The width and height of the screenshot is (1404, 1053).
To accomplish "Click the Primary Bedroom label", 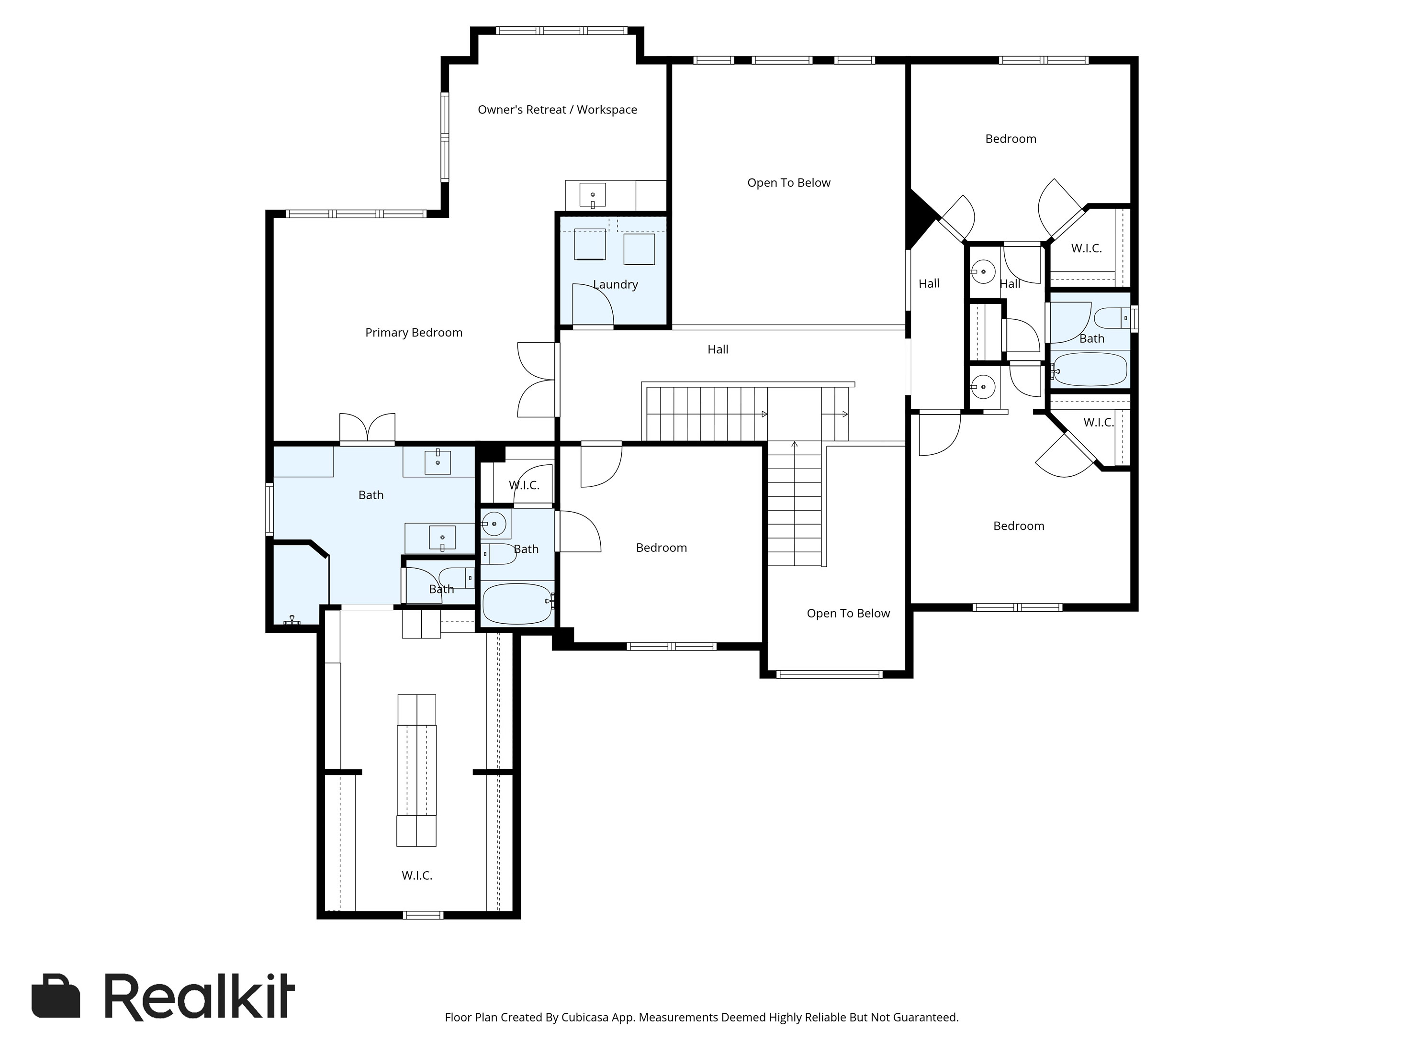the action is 414,333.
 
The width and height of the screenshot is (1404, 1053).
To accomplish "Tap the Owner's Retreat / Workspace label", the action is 557,110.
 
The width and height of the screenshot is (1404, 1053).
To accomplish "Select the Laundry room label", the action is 615,284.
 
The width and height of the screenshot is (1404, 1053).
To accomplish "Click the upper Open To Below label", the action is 788,183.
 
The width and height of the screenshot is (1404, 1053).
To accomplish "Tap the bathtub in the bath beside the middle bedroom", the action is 517,603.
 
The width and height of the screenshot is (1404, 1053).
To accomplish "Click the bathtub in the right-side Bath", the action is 1089,370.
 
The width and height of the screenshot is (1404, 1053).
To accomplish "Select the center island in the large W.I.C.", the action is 416,770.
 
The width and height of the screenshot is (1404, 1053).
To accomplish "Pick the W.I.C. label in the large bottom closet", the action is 417,875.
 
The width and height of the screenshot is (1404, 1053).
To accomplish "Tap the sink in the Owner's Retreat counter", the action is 592,195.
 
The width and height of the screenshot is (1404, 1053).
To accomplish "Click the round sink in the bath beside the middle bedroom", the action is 494,524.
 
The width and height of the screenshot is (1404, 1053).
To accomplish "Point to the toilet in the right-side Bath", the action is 1111,317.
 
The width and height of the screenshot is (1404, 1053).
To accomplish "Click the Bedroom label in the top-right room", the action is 1011,139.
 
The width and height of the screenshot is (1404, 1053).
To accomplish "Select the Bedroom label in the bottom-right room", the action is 1019,526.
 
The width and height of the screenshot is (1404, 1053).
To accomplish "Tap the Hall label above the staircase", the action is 718,349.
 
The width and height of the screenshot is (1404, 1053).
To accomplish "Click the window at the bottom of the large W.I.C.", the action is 423,915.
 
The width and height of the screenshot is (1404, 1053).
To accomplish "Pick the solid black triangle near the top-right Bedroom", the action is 919,218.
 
